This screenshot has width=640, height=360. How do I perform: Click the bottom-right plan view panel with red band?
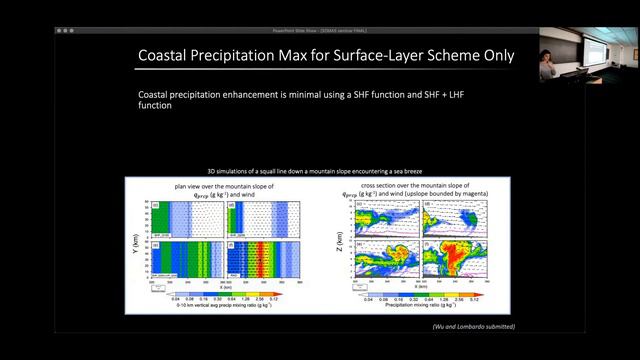[x=263, y=258]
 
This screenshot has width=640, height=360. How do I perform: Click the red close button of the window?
[x=60, y=31]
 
